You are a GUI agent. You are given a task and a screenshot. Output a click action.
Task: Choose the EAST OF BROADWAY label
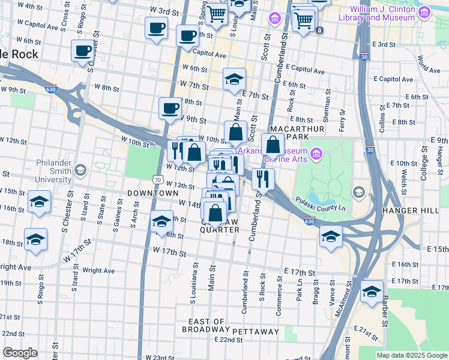tap(206, 326)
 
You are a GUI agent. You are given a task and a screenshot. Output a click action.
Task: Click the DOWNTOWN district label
tap(152, 193)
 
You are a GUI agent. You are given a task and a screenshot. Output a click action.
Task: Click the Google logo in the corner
tap(20, 353)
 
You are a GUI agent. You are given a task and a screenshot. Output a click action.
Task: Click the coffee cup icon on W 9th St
tap(170, 109)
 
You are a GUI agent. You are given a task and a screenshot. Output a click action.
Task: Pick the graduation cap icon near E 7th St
tap(234, 79)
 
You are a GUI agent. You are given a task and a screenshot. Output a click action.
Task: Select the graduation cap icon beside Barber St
tap(372, 293)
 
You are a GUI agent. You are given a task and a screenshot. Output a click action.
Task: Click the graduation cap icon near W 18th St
tap(35, 240)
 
